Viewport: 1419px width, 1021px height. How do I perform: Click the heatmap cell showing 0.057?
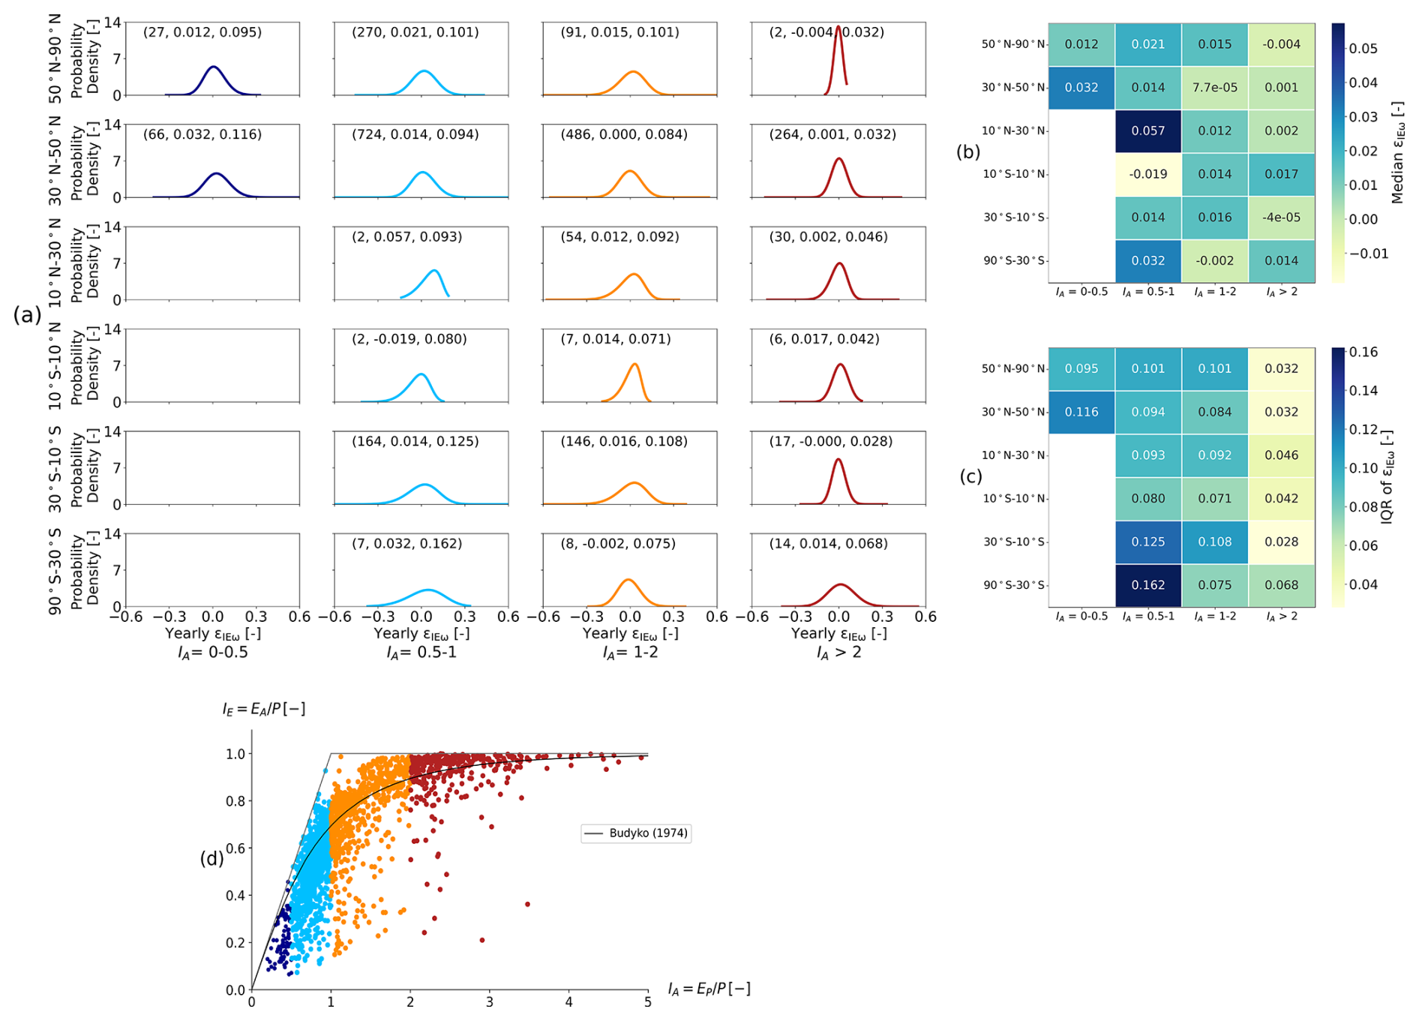(1147, 131)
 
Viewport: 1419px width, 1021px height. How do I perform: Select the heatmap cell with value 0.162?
(1147, 585)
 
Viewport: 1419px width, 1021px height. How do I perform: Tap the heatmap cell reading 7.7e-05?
(1214, 88)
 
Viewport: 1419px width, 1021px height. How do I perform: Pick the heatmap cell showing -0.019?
(1147, 175)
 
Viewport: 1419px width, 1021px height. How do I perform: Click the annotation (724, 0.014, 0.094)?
(415, 135)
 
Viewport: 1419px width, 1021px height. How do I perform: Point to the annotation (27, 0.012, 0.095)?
(202, 33)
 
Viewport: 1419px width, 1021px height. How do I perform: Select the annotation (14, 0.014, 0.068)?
(828, 544)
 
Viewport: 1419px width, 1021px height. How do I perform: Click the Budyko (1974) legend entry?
(636, 833)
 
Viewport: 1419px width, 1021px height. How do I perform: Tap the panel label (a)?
(27, 316)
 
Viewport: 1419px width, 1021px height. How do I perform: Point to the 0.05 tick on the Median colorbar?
(1363, 49)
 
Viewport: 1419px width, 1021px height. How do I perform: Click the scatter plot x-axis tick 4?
(568, 1002)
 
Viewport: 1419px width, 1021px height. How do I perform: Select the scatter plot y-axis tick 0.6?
(235, 848)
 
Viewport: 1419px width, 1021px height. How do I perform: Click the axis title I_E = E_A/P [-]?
(264, 709)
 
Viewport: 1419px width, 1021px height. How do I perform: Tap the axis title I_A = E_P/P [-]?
(709, 989)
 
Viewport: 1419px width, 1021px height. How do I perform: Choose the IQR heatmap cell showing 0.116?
(1081, 413)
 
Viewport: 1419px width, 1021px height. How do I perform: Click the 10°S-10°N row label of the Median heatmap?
(1014, 175)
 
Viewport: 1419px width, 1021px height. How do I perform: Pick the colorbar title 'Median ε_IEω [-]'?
(1397, 153)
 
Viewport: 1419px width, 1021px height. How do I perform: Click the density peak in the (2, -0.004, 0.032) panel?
(838, 28)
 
